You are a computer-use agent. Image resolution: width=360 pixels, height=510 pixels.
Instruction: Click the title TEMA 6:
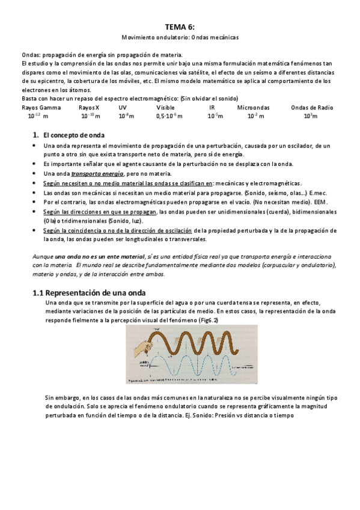(180, 26)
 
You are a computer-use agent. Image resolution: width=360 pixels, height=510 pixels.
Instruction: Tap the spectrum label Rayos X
(89, 108)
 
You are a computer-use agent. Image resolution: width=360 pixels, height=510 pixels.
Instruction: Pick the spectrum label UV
(123, 108)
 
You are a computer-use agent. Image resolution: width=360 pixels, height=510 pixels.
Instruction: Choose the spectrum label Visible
(165, 108)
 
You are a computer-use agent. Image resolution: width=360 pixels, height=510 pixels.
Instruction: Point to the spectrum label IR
(212, 108)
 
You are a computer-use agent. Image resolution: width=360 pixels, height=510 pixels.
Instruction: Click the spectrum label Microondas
(253, 108)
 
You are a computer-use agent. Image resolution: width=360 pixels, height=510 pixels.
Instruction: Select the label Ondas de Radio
(312, 108)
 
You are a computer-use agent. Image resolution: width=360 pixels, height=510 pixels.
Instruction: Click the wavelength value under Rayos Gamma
(38, 116)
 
